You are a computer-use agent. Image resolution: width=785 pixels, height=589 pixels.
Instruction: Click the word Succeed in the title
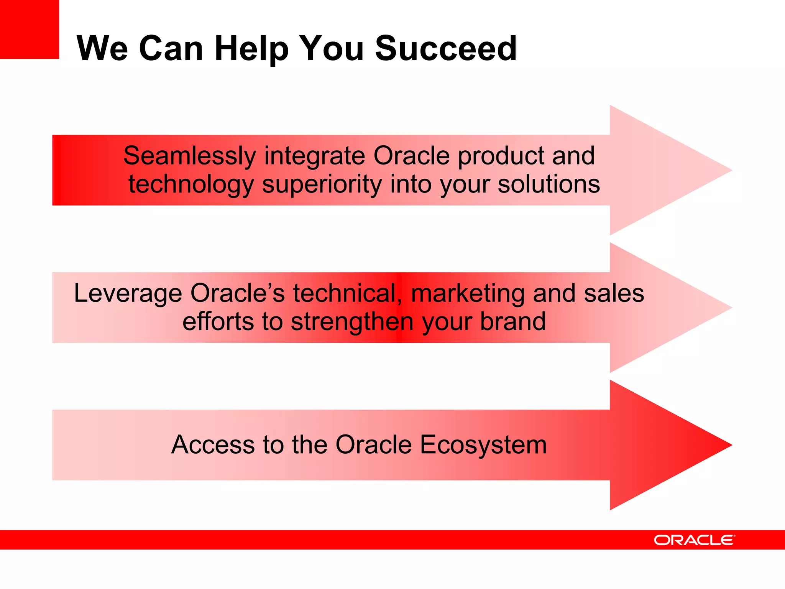(446, 48)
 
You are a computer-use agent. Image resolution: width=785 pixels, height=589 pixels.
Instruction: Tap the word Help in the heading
(251, 49)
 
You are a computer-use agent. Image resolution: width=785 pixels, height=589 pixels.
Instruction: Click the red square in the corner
(29, 29)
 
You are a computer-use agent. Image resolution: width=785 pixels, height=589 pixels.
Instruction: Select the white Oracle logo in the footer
(694, 540)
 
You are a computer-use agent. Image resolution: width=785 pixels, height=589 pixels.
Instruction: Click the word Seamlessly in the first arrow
(189, 156)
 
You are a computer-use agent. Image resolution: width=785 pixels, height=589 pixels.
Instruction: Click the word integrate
(314, 156)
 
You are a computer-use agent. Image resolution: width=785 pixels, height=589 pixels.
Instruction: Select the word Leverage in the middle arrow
(128, 294)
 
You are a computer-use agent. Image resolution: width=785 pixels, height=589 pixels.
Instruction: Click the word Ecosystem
(483, 445)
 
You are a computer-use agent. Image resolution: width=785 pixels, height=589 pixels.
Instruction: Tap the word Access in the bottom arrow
(213, 445)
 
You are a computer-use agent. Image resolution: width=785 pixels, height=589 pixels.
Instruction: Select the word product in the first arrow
(501, 156)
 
